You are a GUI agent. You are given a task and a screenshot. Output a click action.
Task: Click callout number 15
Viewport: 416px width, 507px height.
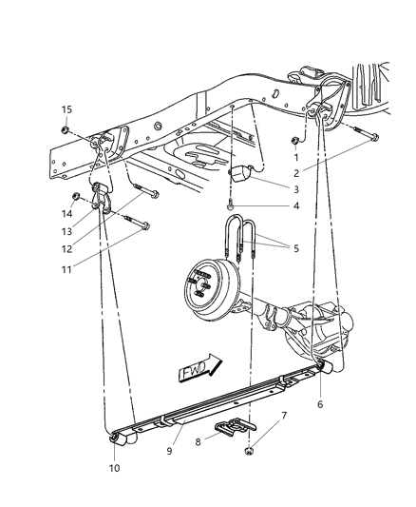point(67,109)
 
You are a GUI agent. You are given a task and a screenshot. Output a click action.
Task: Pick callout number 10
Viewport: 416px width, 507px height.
point(115,468)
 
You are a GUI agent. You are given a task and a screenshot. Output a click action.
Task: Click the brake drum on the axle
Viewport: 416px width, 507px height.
point(209,283)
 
